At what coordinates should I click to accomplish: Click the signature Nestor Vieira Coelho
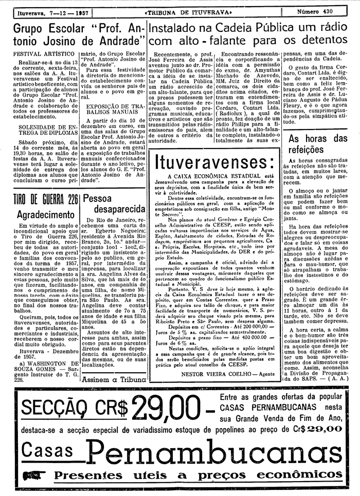[x=221, y=373]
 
